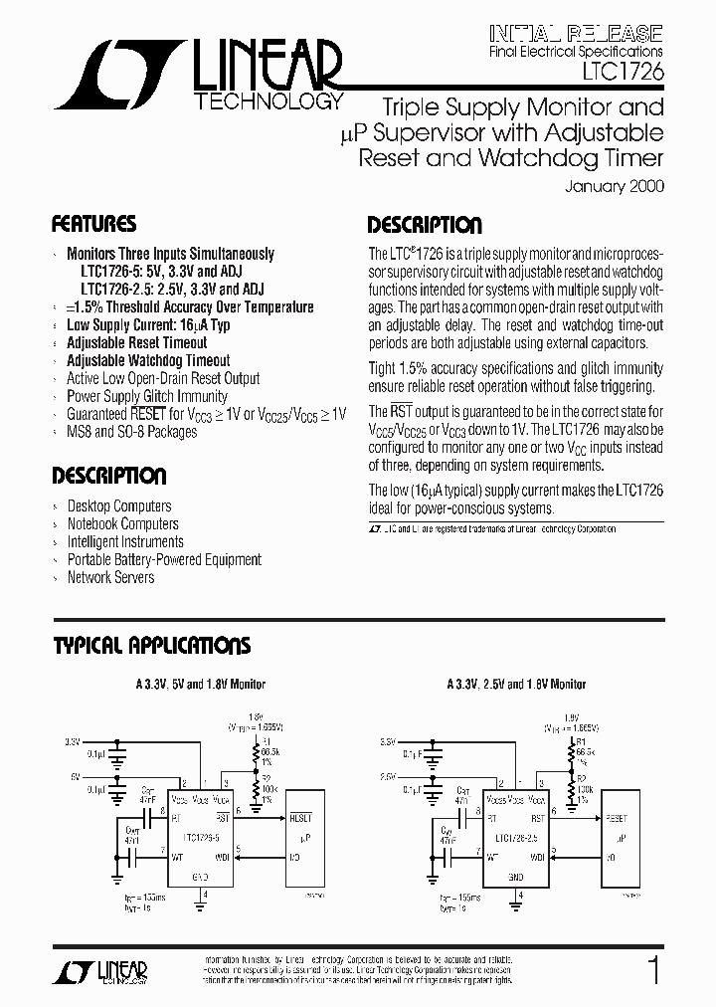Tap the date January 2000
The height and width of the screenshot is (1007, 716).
pos(614,185)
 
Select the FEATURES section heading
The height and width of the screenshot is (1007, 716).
pos(93,224)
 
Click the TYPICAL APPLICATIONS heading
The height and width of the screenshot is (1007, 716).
pos(151,646)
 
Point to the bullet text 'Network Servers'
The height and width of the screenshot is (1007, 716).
pos(110,577)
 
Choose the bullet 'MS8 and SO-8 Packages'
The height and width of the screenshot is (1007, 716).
pos(131,432)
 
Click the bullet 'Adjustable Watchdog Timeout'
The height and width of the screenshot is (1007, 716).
pos(148,360)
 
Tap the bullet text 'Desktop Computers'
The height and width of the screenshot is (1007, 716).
pos(119,505)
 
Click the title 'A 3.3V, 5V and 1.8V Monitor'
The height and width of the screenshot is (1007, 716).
pos(201,684)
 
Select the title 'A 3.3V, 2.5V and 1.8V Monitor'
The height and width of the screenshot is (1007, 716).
pos(516,684)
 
